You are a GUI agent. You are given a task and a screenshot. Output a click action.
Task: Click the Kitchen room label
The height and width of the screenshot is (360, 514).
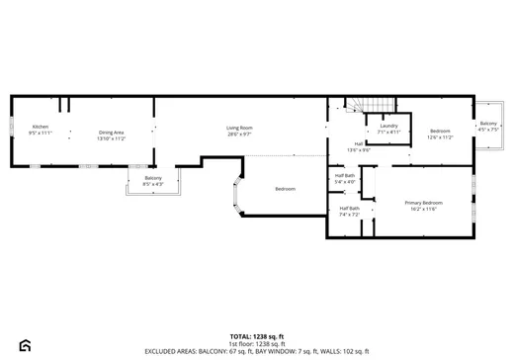click(41, 127)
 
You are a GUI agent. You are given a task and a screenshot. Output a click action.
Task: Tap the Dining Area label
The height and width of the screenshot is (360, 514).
click(111, 132)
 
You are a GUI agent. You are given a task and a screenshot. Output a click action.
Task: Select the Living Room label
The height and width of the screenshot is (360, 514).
click(239, 128)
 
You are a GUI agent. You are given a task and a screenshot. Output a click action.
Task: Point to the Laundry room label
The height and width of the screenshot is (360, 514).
click(388, 126)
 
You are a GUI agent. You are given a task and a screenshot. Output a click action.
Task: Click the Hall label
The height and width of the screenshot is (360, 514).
click(358, 143)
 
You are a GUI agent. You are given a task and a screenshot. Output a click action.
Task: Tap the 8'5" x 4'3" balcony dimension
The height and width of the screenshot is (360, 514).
click(153, 184)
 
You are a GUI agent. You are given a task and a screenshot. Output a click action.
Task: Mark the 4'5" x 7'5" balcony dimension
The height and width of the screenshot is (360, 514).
click(488, 129)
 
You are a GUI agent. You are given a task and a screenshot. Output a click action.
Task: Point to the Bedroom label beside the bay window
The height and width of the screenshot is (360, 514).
click(285, 188)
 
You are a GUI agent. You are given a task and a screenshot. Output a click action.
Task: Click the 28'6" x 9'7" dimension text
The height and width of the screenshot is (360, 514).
click(239, 134)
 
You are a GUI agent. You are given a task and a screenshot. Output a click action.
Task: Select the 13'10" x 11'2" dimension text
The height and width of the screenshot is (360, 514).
click(111, 137)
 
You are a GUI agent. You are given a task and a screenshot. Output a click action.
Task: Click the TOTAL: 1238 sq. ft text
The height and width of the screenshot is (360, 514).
click(257, 336)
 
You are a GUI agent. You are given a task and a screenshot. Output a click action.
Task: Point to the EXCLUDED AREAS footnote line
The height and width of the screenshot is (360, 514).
click(257, 350)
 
